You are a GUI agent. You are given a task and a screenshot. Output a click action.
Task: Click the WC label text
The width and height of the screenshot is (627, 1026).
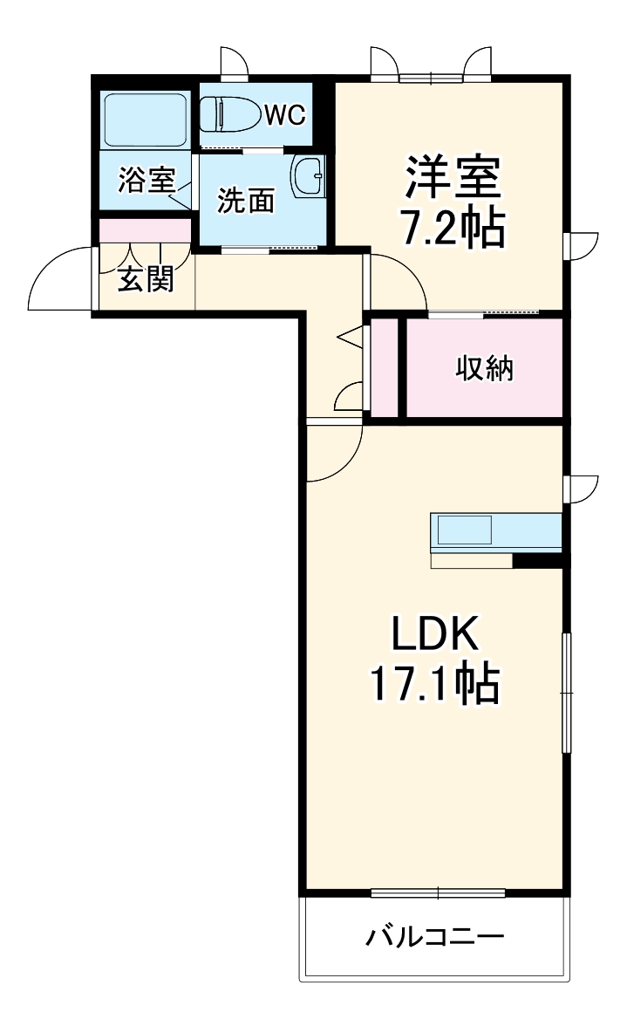pyautogui.click(x=285, y=115)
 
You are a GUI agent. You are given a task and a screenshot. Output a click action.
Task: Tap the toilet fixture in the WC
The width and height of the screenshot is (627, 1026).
pyautogui.click(x=228, y=114)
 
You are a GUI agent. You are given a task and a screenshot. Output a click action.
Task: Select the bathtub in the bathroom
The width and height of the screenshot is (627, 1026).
pyautogui.click(x=145, y=121)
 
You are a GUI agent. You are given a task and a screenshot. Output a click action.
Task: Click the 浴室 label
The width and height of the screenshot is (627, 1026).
pyautogui.click(x=147, y=180)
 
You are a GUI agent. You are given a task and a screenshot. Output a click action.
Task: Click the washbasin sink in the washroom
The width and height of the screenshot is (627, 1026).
pyautogui.click(x=308, y=176)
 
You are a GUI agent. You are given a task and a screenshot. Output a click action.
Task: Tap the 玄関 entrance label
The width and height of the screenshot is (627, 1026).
pyautogui.click(x=146, y=279)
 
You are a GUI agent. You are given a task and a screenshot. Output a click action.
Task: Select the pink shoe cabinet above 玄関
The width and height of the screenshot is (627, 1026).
pyautogui.click(x=145, y=231)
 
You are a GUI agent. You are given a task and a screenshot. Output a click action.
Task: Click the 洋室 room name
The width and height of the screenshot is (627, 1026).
pyautogui.click(x=453, y=177)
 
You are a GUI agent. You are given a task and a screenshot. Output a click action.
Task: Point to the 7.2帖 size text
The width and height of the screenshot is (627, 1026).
pyautogui.click(x=453, y=227)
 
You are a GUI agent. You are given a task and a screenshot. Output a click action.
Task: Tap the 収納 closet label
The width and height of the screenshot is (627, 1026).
pyautogui.click(x=485, y=368)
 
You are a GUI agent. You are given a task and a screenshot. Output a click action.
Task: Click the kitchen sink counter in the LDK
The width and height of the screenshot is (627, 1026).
pyautogui.click(x=495, y=530)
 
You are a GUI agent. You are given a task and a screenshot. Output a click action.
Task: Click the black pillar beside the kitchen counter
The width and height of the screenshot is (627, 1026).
pyautogui.click(x=537, y=559)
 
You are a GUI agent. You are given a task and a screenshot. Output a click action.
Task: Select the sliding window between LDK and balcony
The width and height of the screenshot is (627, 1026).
pyautogui.click(x=438, y=892)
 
